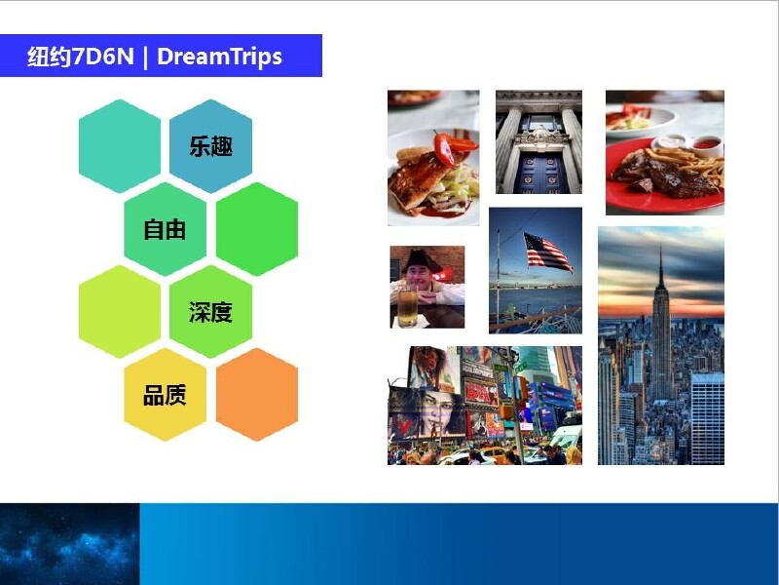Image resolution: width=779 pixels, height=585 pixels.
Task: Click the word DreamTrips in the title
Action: [220, 57]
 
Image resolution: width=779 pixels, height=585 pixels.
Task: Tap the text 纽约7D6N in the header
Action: [81, 57]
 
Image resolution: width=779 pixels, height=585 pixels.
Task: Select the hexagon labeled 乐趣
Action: [210, 146]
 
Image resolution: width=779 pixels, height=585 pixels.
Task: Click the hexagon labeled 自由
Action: [165, 229]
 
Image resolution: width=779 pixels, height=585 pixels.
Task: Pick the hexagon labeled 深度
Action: [210, 312]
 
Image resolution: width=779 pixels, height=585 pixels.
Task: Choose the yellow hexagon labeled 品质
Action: [165, 395]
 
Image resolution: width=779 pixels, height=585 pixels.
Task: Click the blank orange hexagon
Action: [257, 395]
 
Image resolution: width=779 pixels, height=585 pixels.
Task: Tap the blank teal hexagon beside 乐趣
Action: [120, 146]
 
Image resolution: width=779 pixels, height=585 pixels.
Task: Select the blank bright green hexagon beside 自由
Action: [257, 229]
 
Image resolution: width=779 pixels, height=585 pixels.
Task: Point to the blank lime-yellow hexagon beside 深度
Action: [120, 312]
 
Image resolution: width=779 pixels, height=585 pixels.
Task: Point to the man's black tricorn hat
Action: [423, 260]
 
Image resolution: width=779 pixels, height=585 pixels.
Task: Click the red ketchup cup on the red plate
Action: [707, 144]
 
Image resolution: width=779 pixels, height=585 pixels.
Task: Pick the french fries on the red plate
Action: [690, 163]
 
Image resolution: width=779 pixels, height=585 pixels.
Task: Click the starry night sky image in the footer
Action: [69, 544]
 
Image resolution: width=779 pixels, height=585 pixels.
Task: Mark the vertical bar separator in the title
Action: [145, 58]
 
